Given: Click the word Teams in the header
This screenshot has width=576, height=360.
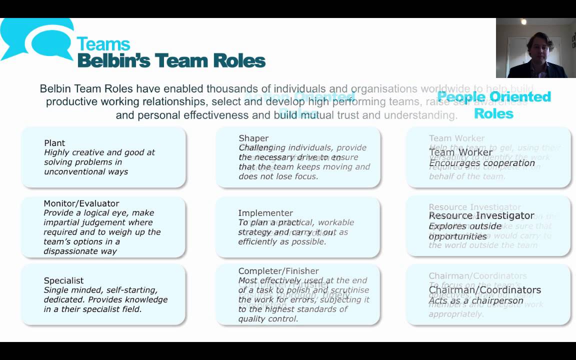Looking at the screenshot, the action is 103,44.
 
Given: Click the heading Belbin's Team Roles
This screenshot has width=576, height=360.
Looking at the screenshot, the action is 171,60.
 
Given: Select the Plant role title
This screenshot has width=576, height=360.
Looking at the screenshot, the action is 54,143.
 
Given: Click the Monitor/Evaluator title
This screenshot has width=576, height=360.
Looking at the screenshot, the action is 81,203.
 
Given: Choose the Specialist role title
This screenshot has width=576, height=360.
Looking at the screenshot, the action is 63,280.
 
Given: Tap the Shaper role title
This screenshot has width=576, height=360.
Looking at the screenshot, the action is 253,138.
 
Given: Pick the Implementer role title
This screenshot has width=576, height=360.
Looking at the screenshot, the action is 265,213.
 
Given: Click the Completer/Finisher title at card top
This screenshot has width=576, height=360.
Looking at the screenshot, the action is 278,271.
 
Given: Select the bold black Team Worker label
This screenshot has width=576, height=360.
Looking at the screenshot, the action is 460,152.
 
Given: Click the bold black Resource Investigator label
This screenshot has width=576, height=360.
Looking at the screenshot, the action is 481,215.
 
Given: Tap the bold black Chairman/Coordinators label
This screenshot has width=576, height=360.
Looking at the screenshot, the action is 484,290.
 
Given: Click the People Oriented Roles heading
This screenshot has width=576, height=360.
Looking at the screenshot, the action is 493,104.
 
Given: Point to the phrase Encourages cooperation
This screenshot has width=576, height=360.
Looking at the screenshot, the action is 482,163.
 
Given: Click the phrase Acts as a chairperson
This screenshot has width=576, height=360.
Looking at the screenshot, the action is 476,300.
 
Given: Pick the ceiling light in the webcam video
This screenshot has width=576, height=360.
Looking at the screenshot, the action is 523,22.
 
